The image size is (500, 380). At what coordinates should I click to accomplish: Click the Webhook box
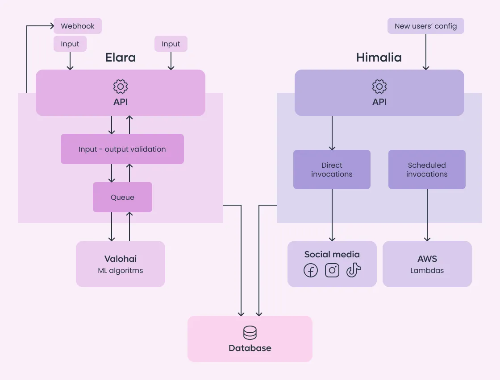click(78, 26)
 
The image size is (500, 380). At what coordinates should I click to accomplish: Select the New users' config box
click(426, 26)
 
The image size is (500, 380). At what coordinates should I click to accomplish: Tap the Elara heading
click(121, 58)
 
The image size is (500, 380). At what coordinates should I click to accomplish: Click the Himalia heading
click(379, 58)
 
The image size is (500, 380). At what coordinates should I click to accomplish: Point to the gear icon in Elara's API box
click(121, 87)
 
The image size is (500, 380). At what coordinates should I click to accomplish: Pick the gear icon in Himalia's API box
click(379, 87)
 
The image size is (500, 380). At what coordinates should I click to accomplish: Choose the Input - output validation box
click(122, 149)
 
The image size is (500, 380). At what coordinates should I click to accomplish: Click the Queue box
click(122, 197)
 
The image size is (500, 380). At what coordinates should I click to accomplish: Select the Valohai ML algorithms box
click(121, 264)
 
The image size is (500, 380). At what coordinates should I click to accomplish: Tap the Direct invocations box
click(332, 169)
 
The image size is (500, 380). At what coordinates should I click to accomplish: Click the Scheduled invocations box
click(427, 169)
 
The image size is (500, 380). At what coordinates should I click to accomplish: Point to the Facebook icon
click(311, 270)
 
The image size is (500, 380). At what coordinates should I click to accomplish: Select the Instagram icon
click(332, 270)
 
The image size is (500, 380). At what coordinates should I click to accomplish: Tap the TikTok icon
click(353, 270)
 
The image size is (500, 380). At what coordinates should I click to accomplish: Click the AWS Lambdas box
click(427, 264)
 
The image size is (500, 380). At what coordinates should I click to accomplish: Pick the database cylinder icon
click(250, 333)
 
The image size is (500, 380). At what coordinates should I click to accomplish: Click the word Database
click(250, 348)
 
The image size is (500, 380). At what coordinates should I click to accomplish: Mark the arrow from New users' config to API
click(426, 52)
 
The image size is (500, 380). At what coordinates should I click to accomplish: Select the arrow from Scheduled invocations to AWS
click(427, 215)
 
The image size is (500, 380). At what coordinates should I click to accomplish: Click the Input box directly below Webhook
click(70, 44)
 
